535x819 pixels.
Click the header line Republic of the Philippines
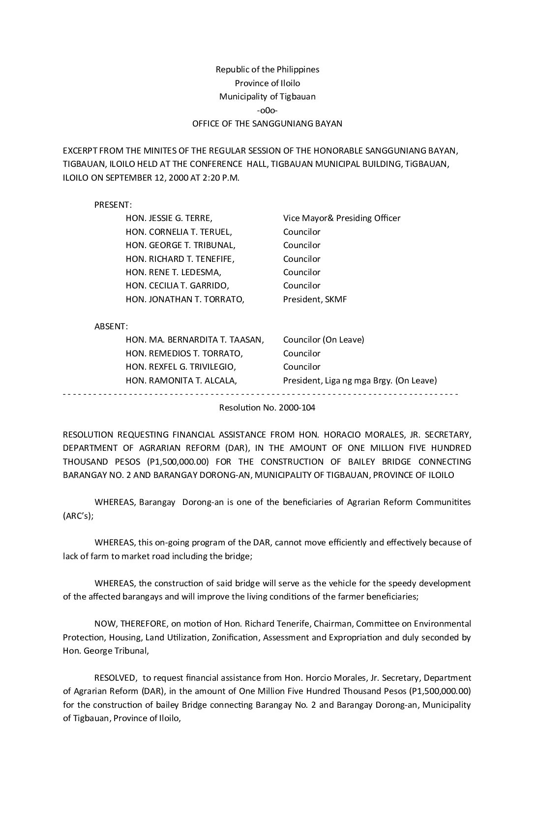point(267,69)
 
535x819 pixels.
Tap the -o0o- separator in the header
point(267,110)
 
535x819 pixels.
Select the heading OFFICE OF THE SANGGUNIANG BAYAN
point(267,124)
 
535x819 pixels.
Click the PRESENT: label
point(113,205)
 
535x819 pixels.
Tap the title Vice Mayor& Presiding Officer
point(342,218)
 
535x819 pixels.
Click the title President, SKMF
point(315,299)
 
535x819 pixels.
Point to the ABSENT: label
point(111,326)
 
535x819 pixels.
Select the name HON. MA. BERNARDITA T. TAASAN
point(195,340)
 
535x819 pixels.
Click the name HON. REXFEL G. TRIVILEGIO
point(180,367)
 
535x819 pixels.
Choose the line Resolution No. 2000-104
point(267,408)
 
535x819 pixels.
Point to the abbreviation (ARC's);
point(78,516)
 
